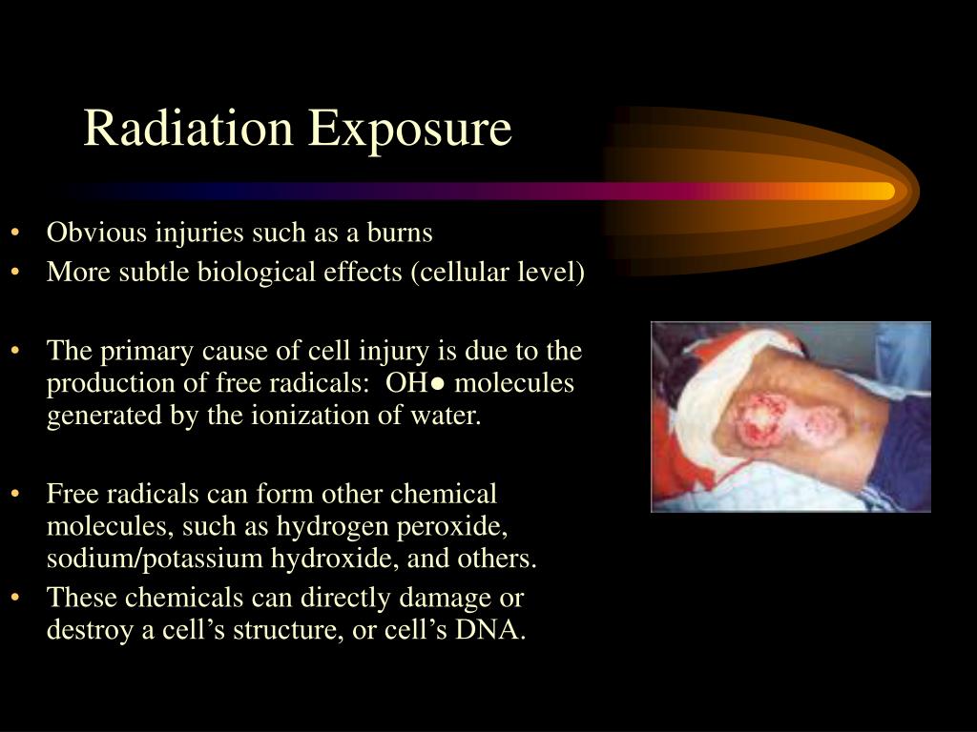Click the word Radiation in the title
(x=188, y=128)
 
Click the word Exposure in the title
(x=410, y=131)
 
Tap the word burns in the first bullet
(x=400, y=233)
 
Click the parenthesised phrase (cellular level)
(x=497, y=272)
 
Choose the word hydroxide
(x=334, y=559)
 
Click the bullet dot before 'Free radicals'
(x=15, y=495)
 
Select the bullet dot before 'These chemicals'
(x=15, y=598)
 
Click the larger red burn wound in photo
(x=761, y=420)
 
